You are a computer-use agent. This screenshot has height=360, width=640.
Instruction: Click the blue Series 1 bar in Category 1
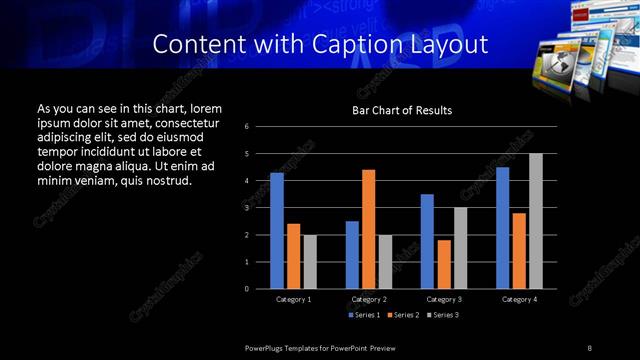point(277,231)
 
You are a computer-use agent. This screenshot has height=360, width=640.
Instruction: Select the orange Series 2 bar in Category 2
point(369,229)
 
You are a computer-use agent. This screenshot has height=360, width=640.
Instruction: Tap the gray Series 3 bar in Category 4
point(535,221)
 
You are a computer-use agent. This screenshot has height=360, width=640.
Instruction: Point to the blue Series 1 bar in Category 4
point(502,228)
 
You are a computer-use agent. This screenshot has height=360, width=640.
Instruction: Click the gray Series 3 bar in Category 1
point(310,262)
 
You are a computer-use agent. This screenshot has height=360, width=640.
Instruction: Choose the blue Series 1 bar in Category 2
point(352,255)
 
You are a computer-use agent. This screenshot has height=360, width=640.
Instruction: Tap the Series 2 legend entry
point(402,315)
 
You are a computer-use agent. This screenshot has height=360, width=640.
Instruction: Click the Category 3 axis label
point(444,299)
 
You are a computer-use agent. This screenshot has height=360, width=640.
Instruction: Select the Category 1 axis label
point(293,299)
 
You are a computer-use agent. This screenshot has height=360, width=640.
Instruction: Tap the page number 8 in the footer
point(590,347)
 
